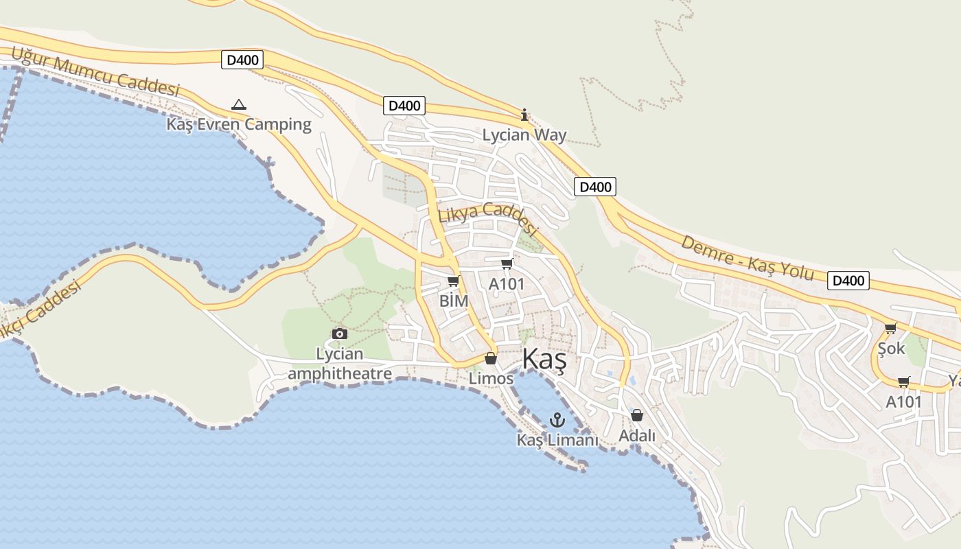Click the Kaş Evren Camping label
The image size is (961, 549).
[x=239, y=124]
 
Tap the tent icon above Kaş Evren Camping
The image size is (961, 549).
[x=239, y=105]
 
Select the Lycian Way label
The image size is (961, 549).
[x=524, y=135]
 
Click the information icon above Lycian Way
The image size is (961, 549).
[x=524, y=115]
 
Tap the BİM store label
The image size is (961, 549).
[x=454, y=301]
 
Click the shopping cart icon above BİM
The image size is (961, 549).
[x=453, y=281]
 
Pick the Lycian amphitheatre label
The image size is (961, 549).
[x=340, y=364]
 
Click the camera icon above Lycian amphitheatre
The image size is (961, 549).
[x=339, y=334]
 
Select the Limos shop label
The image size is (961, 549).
[x=491, y=378]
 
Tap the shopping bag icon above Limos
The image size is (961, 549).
[x=490, y=358]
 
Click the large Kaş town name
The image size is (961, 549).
[x=544, y=360]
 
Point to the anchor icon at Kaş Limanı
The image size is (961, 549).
[x=557, y=420]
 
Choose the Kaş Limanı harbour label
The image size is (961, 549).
[x=557, y=440]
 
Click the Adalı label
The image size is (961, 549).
[x=637, y=436]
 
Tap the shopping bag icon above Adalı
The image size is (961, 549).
[x=637, y=415]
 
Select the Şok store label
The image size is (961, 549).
[x=892, y=349]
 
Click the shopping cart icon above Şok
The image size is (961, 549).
[x=890, y=329]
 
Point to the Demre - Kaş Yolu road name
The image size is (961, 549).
[x=748, y=258]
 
